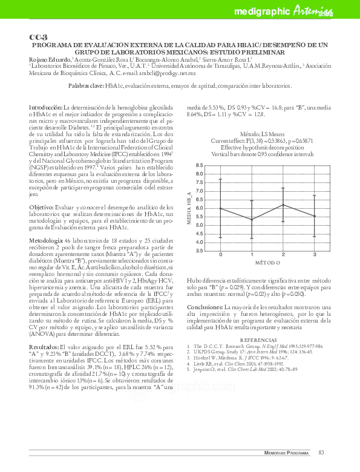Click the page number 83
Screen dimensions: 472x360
click(x=322, y=452)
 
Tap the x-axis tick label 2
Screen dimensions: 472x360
click(x=284, y=255)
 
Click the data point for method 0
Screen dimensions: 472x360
click(x=220, y=208)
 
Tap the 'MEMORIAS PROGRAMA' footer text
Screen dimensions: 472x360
click(x=287, y=453)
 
